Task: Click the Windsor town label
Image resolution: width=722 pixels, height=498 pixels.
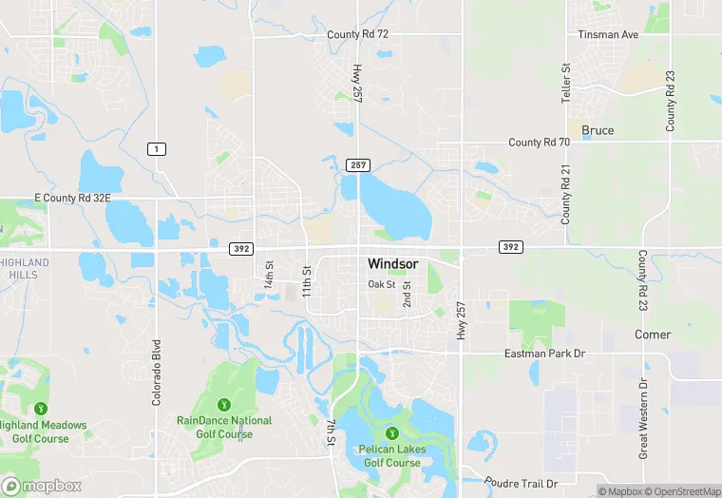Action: [392, 263]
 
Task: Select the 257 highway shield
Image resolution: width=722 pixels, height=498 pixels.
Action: [357, 165]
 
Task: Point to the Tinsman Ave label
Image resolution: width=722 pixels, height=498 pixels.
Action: [608, 34]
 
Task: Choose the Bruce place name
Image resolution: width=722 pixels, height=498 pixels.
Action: [598, 130]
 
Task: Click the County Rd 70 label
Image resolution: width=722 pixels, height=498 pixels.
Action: [539, 143]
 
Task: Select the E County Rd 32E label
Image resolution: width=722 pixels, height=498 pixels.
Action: [73, 199]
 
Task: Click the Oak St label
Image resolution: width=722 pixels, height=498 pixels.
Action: [382, 284]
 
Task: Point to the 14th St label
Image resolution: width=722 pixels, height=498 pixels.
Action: [269, 276]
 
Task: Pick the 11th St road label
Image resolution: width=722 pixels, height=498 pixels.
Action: [307, 281]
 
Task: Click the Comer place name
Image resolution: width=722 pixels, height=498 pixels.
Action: [653, 335]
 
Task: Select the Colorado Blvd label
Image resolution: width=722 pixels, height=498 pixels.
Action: [157, 373]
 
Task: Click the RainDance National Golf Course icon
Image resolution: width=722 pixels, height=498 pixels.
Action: [224, 404]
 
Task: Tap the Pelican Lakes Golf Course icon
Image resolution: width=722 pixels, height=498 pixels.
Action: [389, 433]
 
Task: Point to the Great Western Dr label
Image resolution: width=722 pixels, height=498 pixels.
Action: [643, 418]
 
